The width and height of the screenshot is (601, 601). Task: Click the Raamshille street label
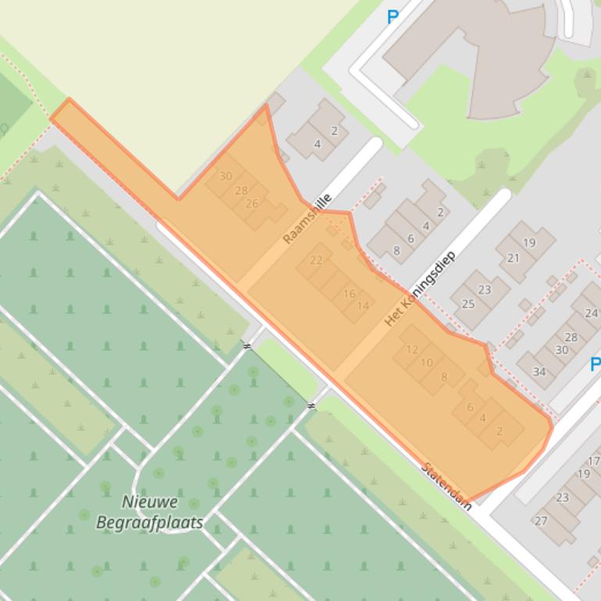(307, 219)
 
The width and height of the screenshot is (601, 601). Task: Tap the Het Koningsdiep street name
(419, 288)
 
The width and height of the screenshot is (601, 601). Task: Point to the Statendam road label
(446, 486)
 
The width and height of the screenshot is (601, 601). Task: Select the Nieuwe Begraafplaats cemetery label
(150, 512)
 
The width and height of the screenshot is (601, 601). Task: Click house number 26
(252, 204)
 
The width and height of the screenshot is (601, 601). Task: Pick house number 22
(317, 260)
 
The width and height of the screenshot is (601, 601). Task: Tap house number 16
(349, 294)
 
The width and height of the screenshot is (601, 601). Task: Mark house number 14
(363, 306)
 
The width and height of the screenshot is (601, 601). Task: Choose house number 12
(413, 349)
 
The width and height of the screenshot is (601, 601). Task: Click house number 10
(427, 362)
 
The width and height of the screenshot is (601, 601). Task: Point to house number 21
(513, 258)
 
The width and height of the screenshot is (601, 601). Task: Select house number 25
(468, 304)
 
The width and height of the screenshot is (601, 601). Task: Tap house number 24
(591, 313)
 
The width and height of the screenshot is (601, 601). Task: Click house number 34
(539, 372)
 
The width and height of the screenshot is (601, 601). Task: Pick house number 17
(594, 461)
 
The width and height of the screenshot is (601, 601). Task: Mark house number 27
(541, 521)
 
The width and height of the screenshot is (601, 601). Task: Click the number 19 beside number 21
(529, 243)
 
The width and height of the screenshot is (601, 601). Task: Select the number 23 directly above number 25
(485, 290)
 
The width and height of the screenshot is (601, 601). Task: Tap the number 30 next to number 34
(561, 350)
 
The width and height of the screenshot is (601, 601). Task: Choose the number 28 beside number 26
(241, 190)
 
